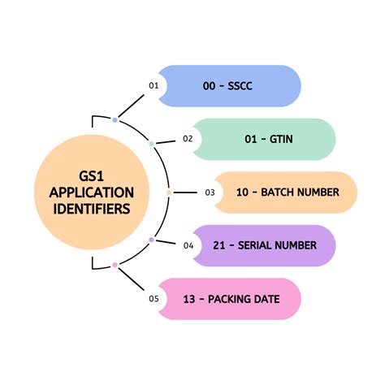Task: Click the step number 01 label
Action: pos(153,85)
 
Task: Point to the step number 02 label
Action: pos(188,139)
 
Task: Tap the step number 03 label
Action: pos(209,192)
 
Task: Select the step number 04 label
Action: pos(188,245)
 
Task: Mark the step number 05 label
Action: pos(153,299)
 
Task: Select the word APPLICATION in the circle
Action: pos(92,192)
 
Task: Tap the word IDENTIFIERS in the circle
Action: pos(92,209)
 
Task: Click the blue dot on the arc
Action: pos(115,120)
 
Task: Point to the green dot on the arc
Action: pos(152,144)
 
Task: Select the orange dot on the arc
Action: pos(168,192)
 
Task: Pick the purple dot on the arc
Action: pos(152,240)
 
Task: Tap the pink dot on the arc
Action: pos(115,265)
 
